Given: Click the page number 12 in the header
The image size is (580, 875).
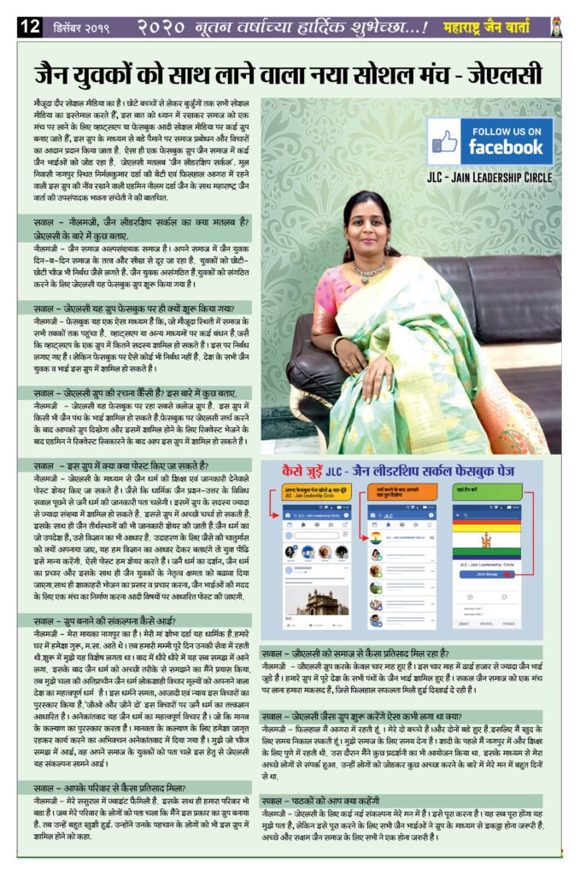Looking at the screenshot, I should [29, 27].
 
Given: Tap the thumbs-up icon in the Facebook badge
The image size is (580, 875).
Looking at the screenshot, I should [443, 140].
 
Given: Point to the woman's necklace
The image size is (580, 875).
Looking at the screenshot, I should [370, 272].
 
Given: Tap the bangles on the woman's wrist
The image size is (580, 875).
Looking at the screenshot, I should [337, 345].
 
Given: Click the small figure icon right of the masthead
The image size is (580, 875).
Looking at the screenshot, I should [556, 26].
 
